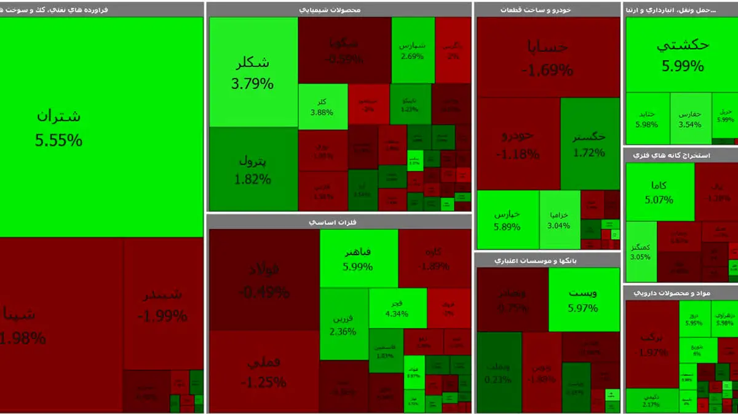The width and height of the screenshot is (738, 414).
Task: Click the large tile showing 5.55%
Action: point(101,127)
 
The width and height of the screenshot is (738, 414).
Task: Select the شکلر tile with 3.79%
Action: point(252,72)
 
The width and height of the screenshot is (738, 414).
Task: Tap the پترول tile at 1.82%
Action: point(252,169)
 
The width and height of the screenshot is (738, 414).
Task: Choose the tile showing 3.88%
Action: point(322,106)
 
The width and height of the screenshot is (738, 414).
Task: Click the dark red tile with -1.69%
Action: point(547,57)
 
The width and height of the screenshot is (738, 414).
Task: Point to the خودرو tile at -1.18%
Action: point(518,144)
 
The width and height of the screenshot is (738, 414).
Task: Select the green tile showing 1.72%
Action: point(589,144)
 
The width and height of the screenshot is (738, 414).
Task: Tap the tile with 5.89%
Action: point(508,220)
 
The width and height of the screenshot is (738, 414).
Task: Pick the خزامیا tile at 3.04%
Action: point(560,220)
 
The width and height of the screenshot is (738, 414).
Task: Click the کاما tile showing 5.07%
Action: point(660,192)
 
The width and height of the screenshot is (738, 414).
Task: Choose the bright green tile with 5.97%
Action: point(583,300)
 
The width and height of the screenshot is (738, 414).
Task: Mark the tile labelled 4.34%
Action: point(397,308)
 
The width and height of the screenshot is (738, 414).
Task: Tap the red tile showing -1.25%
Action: point(264,372)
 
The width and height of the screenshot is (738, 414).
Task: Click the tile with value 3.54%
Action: point(690,119)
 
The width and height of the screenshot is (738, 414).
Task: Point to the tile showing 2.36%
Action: point(343,324)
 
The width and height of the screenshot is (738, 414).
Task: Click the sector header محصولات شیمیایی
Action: point(339,10)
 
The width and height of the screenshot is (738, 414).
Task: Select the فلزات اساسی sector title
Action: point(339,222)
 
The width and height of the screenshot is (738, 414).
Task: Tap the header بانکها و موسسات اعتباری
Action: point(547,260)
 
